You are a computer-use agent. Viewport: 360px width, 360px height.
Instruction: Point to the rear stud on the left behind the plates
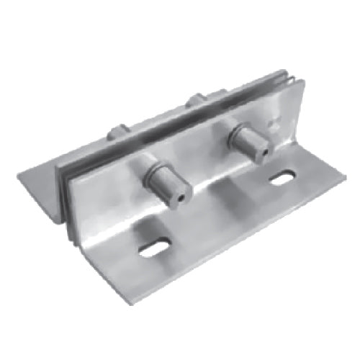click(x=118, y=132)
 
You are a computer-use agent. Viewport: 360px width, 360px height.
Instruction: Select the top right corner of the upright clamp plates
click(x=289, y=75)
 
